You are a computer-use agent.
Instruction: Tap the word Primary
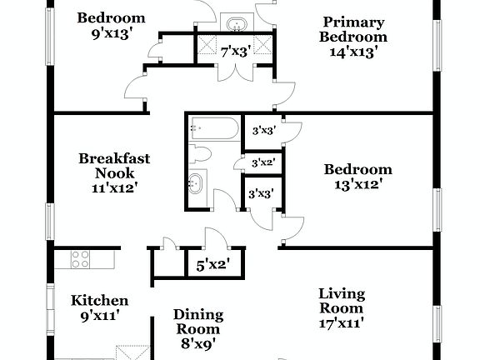click(353, 22)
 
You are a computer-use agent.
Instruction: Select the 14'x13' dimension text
click(353, 51)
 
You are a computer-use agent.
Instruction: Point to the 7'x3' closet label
click(235, 51)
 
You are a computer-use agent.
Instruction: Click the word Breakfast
click(113, 157)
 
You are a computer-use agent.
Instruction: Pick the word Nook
click(113, 172)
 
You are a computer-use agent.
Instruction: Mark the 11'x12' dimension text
click(113, 187)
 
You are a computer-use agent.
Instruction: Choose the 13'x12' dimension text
click(357, 184)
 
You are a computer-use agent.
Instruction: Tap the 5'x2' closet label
click(212, 266)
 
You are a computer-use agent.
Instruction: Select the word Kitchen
click(99, 300)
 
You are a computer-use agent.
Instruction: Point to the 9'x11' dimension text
click(99, 315)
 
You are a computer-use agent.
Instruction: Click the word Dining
click(197, 314)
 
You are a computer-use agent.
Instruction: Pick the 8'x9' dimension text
click(197, 344)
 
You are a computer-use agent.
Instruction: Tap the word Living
click(342, 293)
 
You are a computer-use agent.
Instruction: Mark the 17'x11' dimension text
click(342, 322)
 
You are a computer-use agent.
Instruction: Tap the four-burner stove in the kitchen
click(81, 258)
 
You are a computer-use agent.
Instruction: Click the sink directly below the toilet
click(198, 182)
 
